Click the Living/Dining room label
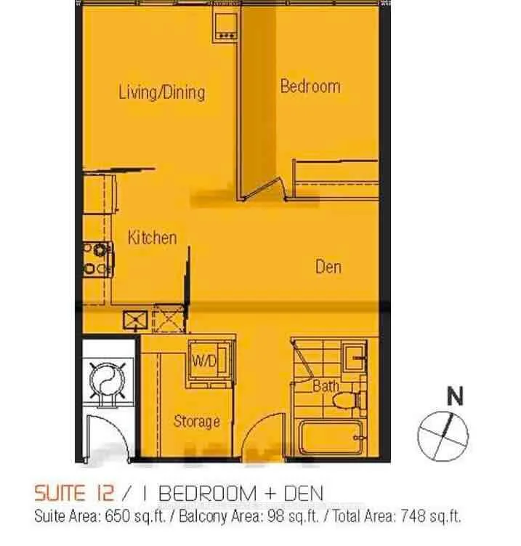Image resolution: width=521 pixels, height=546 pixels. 162,92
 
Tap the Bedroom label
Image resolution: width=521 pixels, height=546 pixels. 310,87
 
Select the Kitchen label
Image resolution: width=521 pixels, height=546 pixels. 152,238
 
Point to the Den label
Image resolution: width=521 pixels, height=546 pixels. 328,267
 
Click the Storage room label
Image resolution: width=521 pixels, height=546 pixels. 197,422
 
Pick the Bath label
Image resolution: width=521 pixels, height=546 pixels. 326,386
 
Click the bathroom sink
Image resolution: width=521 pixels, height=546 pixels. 355,356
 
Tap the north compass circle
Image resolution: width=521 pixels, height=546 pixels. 443,436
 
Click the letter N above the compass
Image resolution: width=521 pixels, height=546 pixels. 455,396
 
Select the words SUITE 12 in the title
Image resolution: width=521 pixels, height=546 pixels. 74,493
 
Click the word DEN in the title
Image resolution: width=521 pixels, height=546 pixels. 304,494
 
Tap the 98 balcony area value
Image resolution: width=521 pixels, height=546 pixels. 275,516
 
